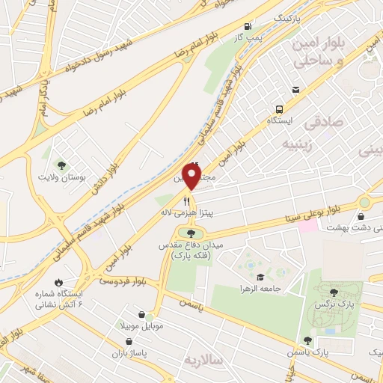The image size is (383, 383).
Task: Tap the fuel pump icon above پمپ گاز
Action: click(247, 26)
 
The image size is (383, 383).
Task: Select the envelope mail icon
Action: click(296, 90)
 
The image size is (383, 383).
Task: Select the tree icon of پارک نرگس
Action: click(335, 292)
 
